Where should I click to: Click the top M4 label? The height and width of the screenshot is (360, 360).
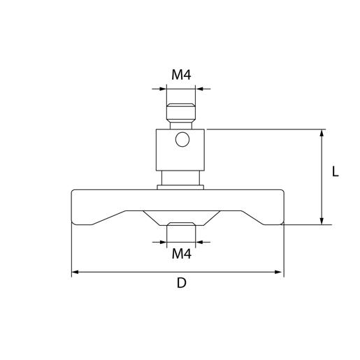click(x=181, y=75)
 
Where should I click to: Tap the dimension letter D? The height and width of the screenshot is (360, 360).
click(x=181, y=283)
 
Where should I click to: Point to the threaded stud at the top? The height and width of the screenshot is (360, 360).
click(x=181, y=113)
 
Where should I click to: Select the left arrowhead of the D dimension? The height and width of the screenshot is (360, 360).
click(x=75, y=271)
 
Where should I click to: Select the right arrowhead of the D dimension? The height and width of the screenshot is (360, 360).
click(x=279, y=271)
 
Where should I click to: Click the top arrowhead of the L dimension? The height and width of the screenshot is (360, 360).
click(x=322, y=134)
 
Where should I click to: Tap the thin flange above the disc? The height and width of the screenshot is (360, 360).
click(x=181, y=187)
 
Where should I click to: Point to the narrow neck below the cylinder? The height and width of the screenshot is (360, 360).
click(x=181, y=178)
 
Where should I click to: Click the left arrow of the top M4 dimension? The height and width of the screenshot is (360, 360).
click(x=163, y=89)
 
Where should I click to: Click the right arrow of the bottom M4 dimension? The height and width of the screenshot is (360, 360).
click(x=200, y=242)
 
